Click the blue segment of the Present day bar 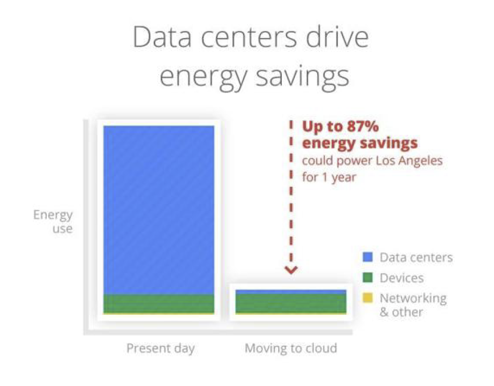click(159, 210)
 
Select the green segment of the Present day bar click(159, 303)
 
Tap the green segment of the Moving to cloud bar click(291, 303)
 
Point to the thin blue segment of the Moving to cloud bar click(291, 292)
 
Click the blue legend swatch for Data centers click(368, 257)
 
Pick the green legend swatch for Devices click(368, 278)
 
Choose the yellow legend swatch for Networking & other click(368, 298)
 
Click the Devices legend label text click(401, 278)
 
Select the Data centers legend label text click(416, 258)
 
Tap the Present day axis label click(161, 349)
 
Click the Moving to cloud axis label click(291, 348)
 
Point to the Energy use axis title click(53, 222)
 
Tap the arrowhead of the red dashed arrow click(291, 270)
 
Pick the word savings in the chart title click(303, 77)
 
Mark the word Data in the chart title click(162, 37)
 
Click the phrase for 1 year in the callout click(329, 177)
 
